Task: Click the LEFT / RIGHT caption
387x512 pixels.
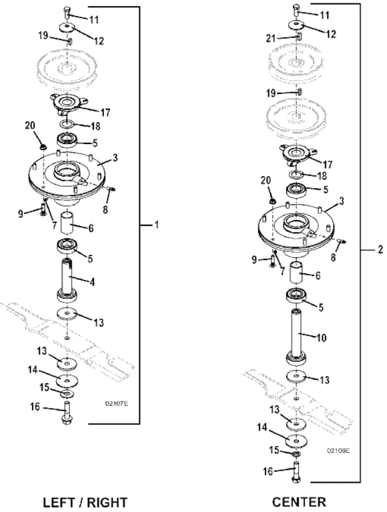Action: (x=85, y=501)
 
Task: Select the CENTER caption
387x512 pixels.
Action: (x=299, y=501)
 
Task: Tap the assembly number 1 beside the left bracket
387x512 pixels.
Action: (x=157, y=225)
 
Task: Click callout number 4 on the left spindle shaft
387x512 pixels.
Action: (x=93, y=282)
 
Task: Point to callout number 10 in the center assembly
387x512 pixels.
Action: (x=321, y=338)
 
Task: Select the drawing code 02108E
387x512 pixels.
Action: (x=337, y=450)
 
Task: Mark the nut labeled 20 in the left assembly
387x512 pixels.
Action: (x=41, y=146)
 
